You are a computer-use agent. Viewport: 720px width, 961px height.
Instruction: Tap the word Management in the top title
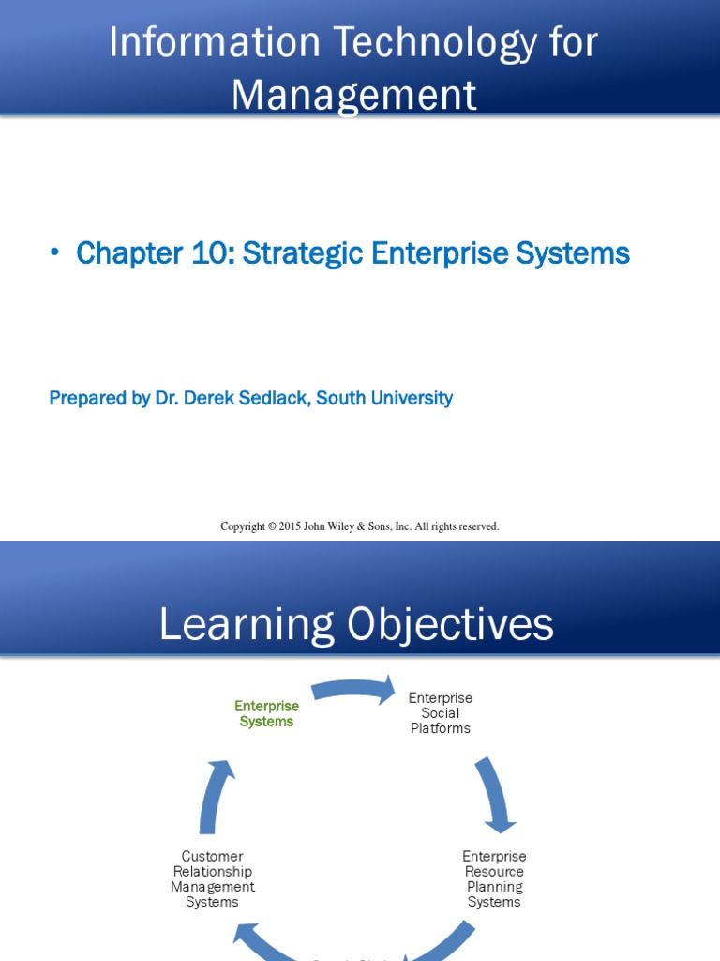click(353, 95)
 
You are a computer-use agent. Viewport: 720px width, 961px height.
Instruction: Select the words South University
click(384, 398)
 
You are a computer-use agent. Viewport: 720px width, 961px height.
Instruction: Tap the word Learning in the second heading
click(247, 625)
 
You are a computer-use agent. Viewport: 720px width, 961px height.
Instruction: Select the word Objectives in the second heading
click(450, 625)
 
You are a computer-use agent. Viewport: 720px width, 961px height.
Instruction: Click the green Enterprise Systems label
click(267, 713)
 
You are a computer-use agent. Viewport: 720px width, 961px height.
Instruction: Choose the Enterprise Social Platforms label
click(441, 713)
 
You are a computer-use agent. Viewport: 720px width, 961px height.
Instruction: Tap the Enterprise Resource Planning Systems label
click(494, 878)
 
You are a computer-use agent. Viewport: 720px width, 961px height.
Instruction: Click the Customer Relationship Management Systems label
click(213, 878)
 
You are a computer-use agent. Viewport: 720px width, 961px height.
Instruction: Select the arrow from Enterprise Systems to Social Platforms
click(353, 691)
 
